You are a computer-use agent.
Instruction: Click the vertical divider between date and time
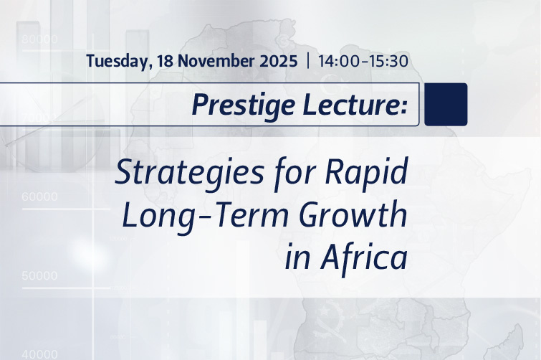[307, 61]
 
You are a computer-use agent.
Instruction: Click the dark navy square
[446, 105]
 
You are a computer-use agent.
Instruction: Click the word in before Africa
[296, 259]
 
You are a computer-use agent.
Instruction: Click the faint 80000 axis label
[40, 39]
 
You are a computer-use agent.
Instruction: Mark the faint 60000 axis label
[40, 196]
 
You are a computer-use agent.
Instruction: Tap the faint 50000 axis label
[40, 275]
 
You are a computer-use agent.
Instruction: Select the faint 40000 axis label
[40, 354]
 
